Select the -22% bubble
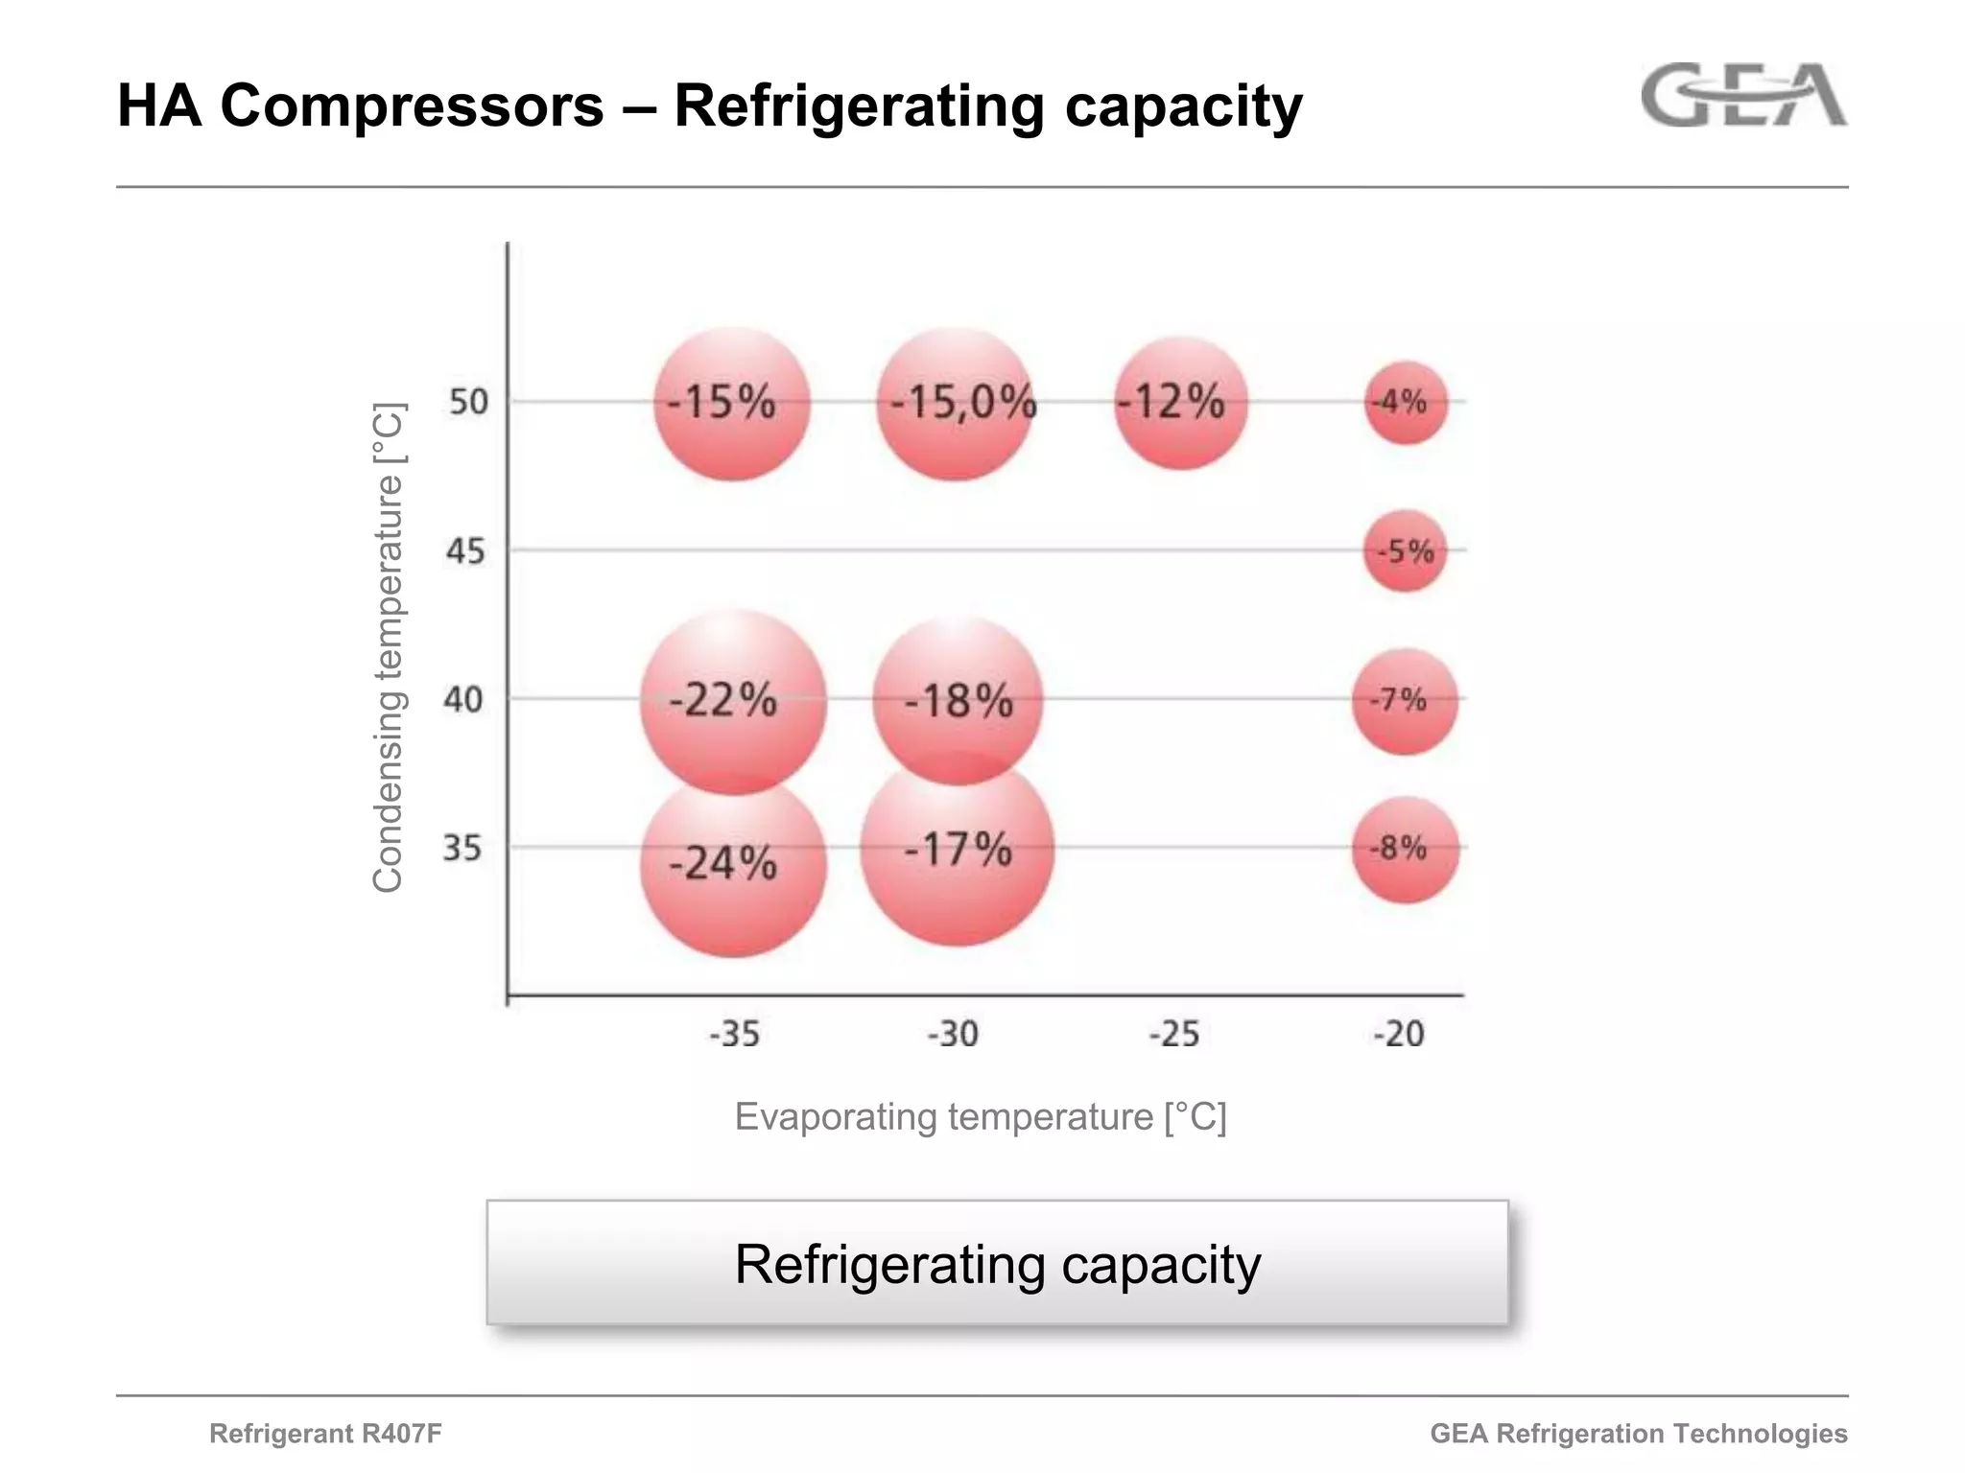(733, 702)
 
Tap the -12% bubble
(1181, 403)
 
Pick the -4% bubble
(1406, 403)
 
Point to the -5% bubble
(1406, 551)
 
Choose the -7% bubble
(1405, 701)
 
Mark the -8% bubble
(1406, 850)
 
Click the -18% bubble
(958, 702)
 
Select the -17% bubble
(958, 850)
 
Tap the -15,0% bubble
(957, 403)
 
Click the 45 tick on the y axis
(465, 551)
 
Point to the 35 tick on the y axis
(462, 849)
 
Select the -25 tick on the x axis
(1174, 1034)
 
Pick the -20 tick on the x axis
(1399, 1034)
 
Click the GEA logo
(1743, 96)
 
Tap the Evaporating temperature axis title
(981, 1117)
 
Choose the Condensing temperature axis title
(388, 647)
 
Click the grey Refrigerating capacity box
(997, 1263)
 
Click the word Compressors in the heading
(412, 105)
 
